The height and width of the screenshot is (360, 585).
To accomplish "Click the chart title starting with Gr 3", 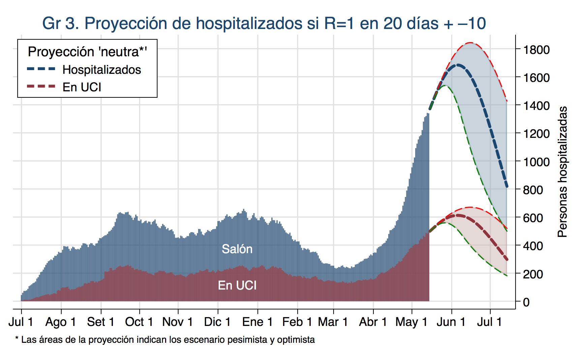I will click(264, 23).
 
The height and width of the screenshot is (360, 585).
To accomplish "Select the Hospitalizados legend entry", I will click(101, 69).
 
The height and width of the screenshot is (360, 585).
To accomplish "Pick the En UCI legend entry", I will click(82, 87).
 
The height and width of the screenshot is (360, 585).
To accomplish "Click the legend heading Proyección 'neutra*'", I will click(88, 52).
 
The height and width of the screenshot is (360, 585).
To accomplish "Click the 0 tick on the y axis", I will click(526, 302).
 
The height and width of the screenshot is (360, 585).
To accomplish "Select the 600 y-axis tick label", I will click(533, 218).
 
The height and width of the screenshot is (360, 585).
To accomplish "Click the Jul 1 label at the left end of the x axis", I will click(21, 322).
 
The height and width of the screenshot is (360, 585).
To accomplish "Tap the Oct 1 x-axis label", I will click(139, 322).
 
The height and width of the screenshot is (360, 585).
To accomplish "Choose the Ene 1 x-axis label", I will click(257, 322).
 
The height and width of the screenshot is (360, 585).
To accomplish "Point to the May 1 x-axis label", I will click(411, 322).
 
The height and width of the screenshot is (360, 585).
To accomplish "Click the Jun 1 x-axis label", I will click(451, 322).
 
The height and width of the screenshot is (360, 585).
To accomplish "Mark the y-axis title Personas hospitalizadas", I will click(562, 172).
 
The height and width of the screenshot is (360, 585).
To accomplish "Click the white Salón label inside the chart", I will click(237, 249).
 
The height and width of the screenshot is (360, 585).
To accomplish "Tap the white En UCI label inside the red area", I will click(237, 286).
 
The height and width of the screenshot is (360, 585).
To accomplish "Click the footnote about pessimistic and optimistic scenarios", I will click(165, 339).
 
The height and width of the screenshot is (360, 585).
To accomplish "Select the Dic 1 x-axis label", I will click(217, 322).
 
